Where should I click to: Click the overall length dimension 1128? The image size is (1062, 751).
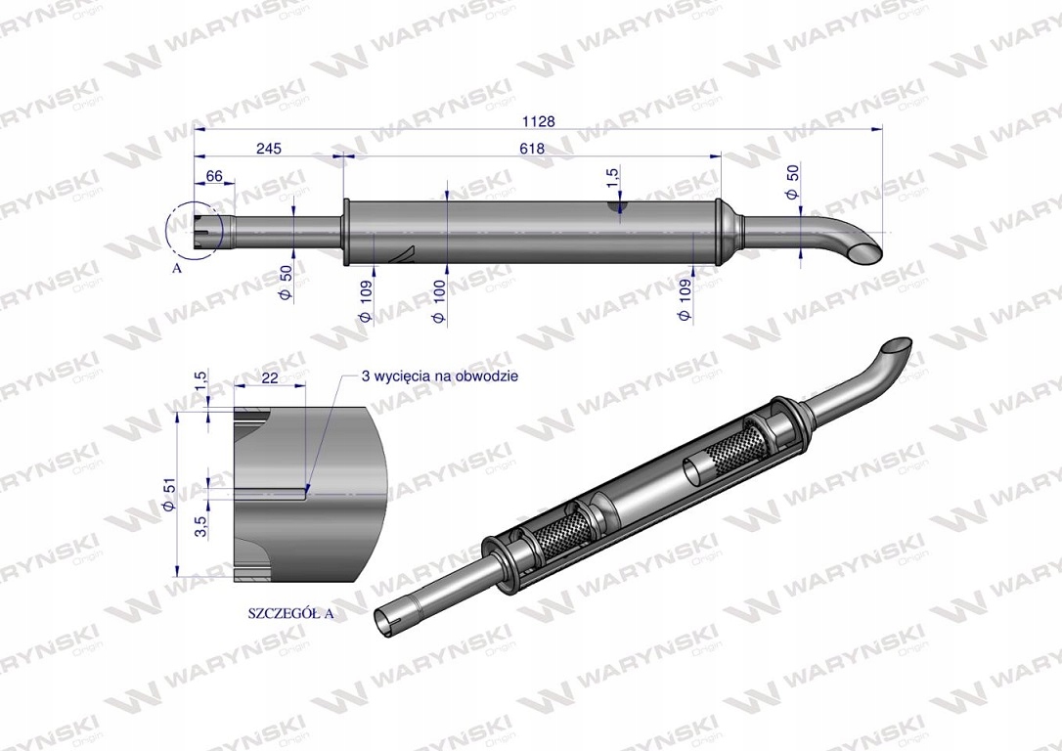tap(538, 121)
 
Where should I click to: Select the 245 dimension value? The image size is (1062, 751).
tap(269, 149)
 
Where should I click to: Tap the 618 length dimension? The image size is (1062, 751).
tap(532, 149)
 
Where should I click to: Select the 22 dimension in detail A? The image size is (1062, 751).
tap(271, 377)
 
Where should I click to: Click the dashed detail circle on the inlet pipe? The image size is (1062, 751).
tap(194, 232)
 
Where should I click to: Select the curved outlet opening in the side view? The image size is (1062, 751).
tap(865, 252)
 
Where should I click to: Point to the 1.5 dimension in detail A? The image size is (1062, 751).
tap(199, 380)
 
